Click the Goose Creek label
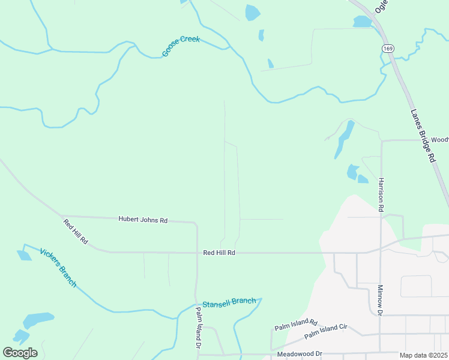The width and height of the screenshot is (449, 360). (x=181, y=47)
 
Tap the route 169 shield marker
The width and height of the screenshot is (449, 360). (x=387, y=47)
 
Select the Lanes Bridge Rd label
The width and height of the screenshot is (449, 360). (x=423, y=136)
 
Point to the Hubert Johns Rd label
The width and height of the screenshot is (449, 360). (x=143, y=220)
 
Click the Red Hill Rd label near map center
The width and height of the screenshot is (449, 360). (x=218, y=253)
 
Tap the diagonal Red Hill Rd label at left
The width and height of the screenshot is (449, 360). (x=76, y=232)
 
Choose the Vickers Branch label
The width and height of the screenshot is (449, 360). (x=58, y=267)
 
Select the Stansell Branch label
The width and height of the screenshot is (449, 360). (x=229, y=302)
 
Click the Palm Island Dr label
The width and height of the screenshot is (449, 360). (x=199, y=328)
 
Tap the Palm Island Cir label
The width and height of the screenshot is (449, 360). (x=326, y=332)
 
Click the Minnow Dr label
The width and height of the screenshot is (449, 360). (x=380, y=300)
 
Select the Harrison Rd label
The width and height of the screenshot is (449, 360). (x=381, y=194)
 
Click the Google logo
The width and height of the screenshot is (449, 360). (x=20, y=353)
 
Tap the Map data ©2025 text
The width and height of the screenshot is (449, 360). (x=423, y=355)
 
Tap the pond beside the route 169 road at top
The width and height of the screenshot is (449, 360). (x=362, y=22)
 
